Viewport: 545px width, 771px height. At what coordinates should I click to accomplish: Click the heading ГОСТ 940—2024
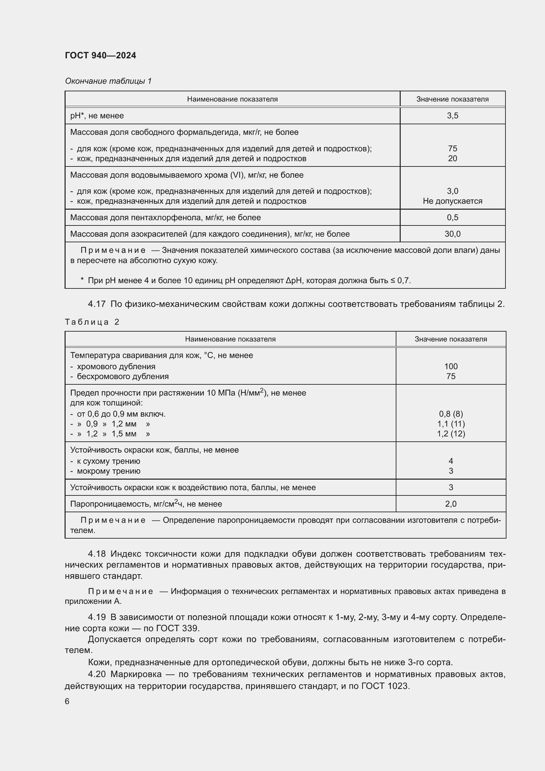click(x=100, y=55)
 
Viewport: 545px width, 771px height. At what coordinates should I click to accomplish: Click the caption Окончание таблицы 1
click(x=108, y=81)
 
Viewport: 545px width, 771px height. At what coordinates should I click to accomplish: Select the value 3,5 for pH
click(x=452, y=116)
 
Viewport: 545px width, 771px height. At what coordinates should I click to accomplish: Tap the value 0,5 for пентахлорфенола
click(x=452, y=218)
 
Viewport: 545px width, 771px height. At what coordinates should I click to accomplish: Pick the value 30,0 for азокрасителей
click(x=452, y=234)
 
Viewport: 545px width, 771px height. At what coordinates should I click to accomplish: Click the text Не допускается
click(x=452, y=201)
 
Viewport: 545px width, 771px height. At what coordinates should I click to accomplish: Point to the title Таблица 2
click(x=92, y=322)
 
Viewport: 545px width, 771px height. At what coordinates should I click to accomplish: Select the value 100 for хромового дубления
click(x=451, y=366)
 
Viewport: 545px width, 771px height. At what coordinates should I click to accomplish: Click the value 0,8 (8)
click(x=451, y=414)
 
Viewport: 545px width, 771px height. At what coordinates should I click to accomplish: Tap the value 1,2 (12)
click(x=451, y=434)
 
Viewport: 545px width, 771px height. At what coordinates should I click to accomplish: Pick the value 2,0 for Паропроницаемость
click(x=451, y=504)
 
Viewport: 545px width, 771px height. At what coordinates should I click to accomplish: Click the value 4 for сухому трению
click(x=451, y=461)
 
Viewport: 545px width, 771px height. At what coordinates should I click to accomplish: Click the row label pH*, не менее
click(x=97, y=116)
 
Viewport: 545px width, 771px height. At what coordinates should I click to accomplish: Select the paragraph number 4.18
click(x=97, y=554)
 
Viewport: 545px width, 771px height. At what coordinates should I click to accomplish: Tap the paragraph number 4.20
click(x=97, y=674)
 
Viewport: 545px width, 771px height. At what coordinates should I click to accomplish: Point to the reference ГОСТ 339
click(x=178, y=628)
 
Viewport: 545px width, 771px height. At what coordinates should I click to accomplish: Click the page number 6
click(x=67, y=701)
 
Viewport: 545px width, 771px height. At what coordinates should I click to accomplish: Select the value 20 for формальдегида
click(x=452, y=159)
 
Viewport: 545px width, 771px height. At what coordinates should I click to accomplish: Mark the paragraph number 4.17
click(x=97, y=304)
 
